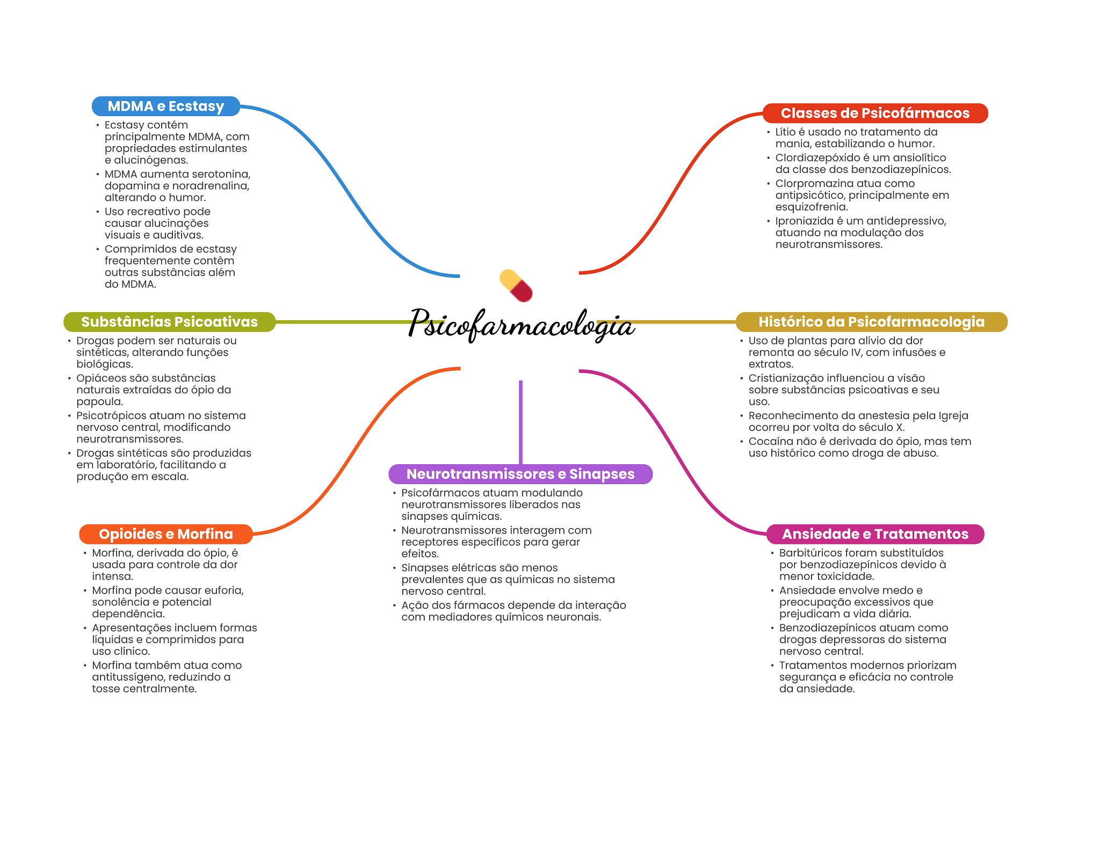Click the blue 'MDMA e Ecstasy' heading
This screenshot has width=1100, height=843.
pyautogui.click(x=166, y=106)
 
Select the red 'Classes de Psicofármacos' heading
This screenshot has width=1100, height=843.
pyautogui.click(x=875, y=113)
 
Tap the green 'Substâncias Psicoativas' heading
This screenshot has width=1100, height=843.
pyautogui.click(x=169, y=322)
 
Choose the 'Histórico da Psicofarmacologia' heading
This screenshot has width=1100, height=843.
pyautogui.click(x=871, y=322)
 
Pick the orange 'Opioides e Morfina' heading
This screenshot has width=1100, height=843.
pyautogui.click(x=166, y=534)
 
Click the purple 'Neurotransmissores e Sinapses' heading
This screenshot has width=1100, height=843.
pyautogui.click(x=520, y=474)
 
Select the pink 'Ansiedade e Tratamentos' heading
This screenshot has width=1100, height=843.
pyautogui.click(x=875, y=534)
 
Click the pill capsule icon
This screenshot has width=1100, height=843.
pyautogui.click(x=516, y=286)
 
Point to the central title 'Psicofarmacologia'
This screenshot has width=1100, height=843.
pyautogui.click(x=521, y=324)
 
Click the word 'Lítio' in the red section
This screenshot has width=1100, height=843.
pyautogui.click(x=785, y=132)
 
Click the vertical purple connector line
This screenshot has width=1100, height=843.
pyautogui.click(x=520, y=422)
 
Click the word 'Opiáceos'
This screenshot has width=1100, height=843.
pyautogui.click(x=100, y=378)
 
